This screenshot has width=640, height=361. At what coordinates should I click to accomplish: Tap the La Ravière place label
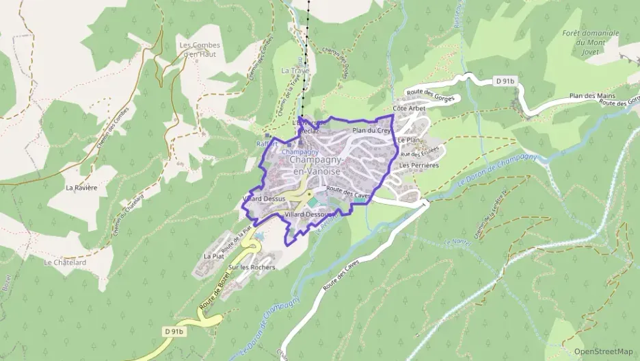pos(81,187)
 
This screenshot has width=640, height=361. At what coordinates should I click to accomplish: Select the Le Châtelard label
pos(65,262)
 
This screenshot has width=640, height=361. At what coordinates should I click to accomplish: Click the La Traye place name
pos(295,71)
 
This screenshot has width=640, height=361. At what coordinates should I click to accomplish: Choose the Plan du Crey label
pos(371,130)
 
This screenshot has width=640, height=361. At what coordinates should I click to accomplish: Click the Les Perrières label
pos(418,165)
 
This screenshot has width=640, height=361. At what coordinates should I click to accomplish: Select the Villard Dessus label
pos(263,199)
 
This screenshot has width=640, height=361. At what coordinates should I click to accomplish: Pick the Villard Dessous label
pos(308,215)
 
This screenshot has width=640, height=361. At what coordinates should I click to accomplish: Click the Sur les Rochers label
pos(252,267)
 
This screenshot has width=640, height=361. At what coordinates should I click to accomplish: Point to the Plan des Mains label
pos(592,96)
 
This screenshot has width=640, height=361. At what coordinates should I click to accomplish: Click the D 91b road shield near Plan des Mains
pos(505,82)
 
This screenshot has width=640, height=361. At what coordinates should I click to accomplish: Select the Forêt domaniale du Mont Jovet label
pos(590,42)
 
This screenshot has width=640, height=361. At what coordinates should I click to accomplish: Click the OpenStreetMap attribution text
pos(603,351)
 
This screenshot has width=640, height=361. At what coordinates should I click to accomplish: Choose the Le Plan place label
pos(408,140)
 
